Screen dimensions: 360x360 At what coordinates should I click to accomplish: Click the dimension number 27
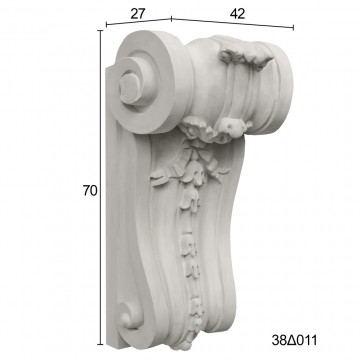tap(138, 14)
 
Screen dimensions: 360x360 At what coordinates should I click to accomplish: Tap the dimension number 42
tap(237, 14)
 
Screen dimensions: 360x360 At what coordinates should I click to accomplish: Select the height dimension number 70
tap(90, 191)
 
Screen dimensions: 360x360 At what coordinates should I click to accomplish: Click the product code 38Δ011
tap(294, 340)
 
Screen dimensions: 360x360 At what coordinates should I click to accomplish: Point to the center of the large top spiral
tap(129, 88)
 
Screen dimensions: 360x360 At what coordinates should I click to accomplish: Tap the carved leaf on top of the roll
tap(246, 57)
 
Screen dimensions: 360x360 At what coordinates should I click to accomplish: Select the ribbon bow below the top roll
tap(200, 152)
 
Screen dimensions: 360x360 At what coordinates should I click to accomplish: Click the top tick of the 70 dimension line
tap(100, 30)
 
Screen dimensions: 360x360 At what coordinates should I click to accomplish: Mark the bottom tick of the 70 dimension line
tap(100, 344)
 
